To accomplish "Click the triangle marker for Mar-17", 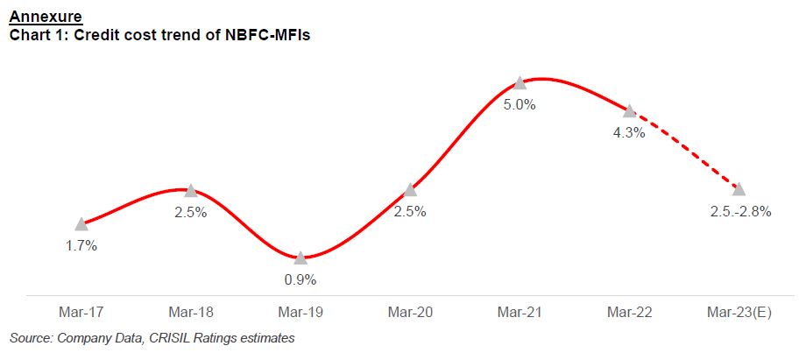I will [x=81, y=224].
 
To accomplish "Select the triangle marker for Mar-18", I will [x=190, y=191].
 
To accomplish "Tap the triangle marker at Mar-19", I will [x=300, y=258].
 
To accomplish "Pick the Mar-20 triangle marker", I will [x=410, y=190].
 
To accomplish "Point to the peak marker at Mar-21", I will [x=520, y=82].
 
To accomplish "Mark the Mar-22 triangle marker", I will [x=629, y=111].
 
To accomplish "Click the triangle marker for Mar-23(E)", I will [x=739, y=189].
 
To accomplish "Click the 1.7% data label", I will [x=81, y=246].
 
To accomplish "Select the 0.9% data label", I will [x=300, y=280].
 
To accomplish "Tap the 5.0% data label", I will [x=520, y=104].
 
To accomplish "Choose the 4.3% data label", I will [x=629, y=133].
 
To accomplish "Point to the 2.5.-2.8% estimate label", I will [x=739, y=212].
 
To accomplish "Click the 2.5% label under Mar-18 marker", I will [x=190, y=213].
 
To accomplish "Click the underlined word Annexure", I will [x=46, y=15].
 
